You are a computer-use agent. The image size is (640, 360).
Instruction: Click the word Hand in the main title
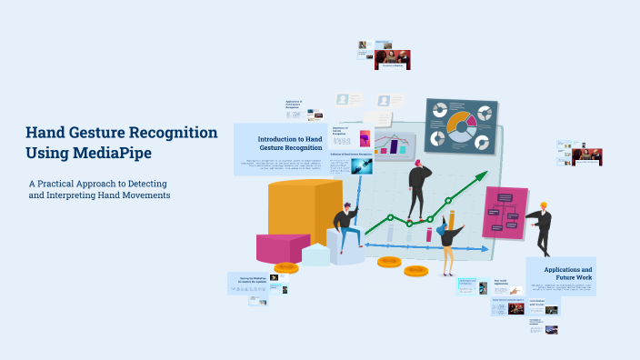click(48, 133)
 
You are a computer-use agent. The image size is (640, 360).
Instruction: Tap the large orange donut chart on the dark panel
click(459, 126)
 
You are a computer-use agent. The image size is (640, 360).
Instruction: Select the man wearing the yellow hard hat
click(542, 227)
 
